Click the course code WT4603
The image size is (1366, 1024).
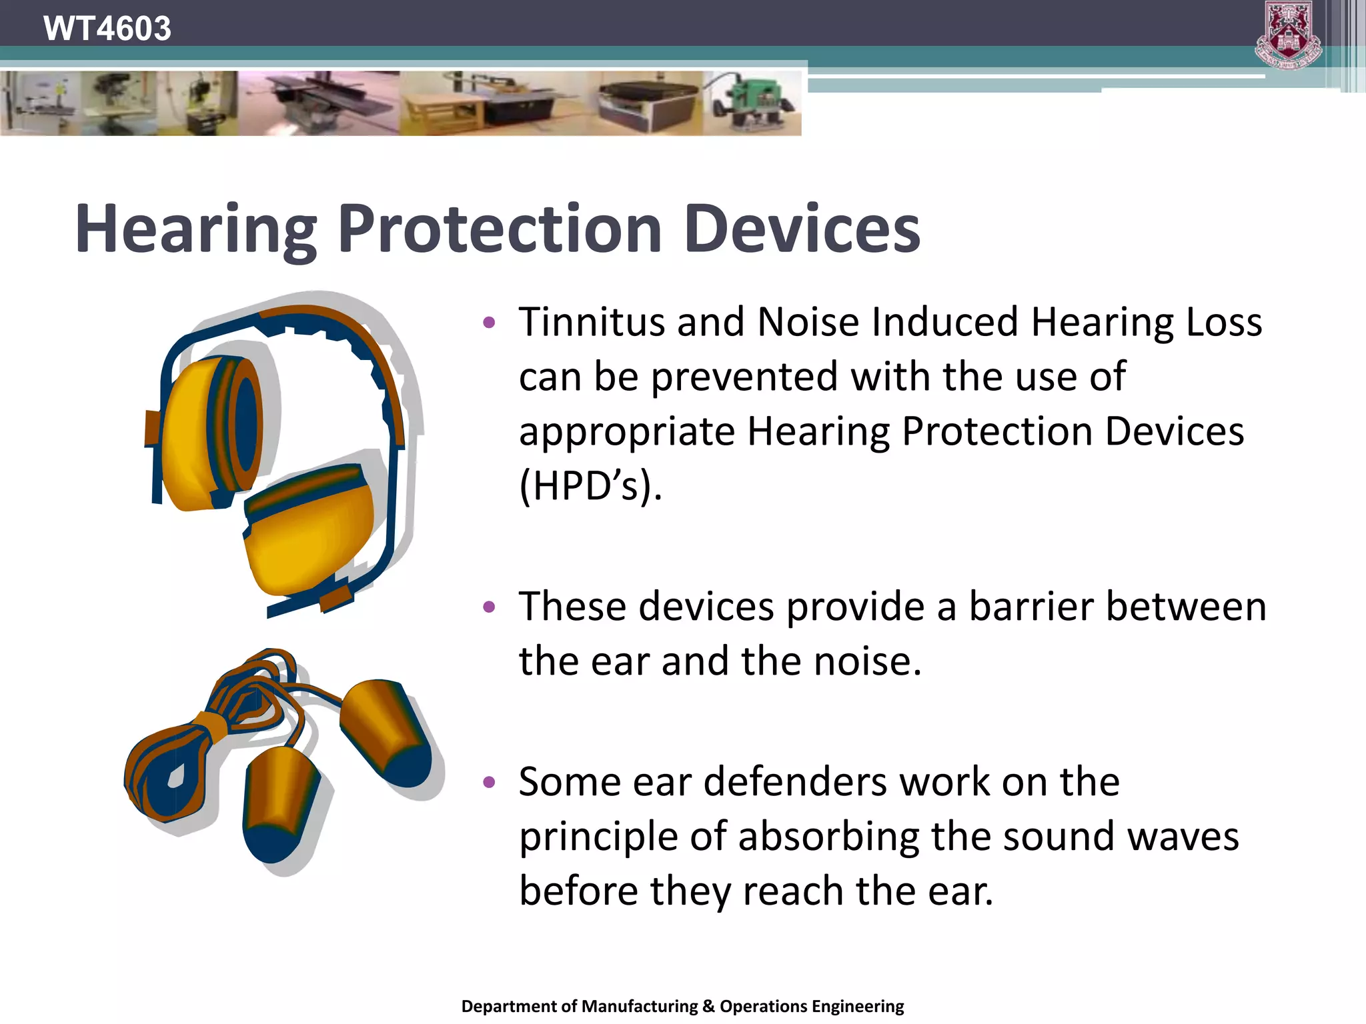pos(107,29)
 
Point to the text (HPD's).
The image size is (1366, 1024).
pos(590,486)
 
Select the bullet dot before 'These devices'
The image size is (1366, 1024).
pos(490,607)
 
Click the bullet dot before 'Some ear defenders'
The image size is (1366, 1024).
pos(490,782)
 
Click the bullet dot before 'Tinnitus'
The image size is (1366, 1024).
pos(490,323)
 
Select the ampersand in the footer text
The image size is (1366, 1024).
pos(708,1006)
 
